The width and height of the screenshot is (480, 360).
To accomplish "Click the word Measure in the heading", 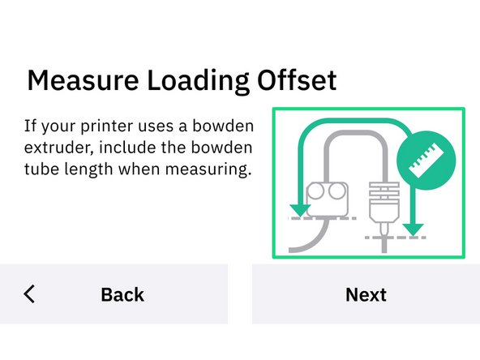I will coord(79,82).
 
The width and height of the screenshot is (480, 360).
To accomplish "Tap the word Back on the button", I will coord(122,294).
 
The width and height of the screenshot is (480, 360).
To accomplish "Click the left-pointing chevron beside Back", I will coord(30,294).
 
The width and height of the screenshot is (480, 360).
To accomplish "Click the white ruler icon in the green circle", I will coord(426,160).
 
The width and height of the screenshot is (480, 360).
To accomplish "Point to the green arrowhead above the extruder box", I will coord(300,210).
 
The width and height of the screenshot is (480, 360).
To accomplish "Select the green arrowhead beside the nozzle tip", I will coord(414,229).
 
